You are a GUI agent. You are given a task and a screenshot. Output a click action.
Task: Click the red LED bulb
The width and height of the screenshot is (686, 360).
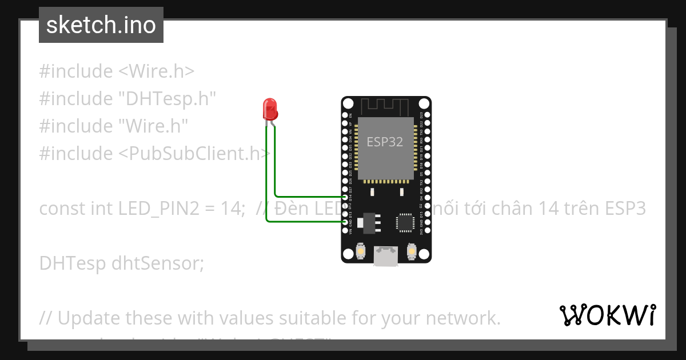[269, 109]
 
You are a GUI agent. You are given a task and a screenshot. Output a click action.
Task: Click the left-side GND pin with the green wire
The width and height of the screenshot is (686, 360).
[345, 222]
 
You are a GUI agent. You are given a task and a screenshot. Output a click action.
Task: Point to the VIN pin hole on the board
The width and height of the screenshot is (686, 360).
[345, 230]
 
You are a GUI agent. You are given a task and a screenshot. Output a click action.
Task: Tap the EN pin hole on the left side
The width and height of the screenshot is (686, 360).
[345, 115]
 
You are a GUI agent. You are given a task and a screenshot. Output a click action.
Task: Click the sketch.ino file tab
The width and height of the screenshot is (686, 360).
[101, 25]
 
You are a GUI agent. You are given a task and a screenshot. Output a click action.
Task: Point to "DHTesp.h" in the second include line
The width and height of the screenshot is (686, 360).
[167, 98]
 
